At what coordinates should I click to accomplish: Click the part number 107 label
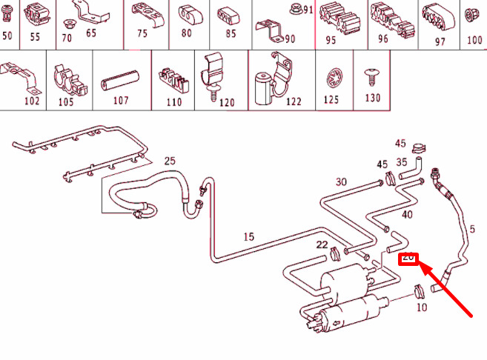[121, 101]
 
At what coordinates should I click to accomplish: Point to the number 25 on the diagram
[170, 161]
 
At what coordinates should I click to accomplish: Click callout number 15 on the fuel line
[248, 237]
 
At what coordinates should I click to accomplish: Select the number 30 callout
[341, 181]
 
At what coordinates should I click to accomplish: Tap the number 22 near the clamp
[322, 244]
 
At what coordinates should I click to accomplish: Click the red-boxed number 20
[408, 258]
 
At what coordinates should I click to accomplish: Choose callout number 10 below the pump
[421, 307]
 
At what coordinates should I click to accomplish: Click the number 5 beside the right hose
[473, 228]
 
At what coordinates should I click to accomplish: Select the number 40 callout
[407, 215]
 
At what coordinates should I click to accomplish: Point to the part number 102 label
[32, 101]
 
